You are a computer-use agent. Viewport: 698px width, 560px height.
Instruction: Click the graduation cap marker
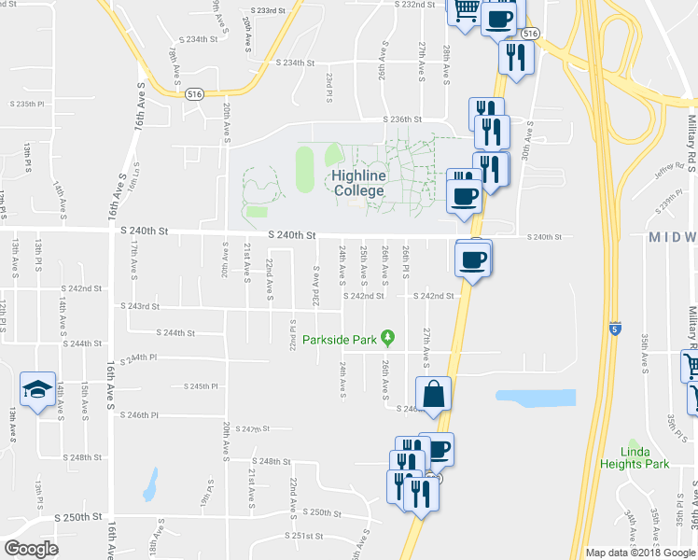tap(36, 389)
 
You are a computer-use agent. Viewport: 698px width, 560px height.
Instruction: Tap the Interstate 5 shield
tap(614, 329)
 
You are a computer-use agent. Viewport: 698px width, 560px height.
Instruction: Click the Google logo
tap(31, 549)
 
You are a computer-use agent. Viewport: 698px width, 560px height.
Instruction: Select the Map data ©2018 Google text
tap(640, 553)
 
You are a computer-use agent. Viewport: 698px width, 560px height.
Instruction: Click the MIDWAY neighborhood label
tap(673, 237)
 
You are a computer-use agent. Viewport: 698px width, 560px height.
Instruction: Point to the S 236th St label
tap(405, 119)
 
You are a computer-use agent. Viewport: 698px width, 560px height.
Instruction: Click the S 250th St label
tap(77, 516)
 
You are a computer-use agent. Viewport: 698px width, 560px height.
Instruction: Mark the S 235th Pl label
tap(27, 104)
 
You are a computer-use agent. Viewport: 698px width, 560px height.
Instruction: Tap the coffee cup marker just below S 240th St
tap(474, 259)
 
